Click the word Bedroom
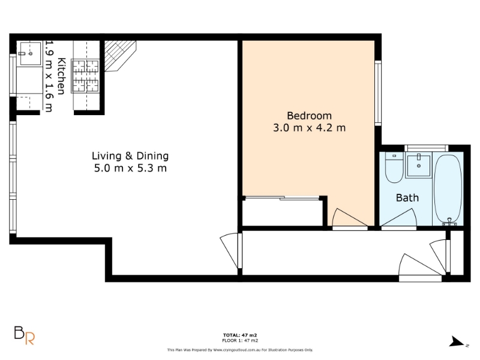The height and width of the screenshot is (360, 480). click(309, 116)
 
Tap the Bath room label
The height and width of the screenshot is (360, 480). click(407, 198)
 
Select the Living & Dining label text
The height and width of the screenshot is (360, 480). click(130, 156)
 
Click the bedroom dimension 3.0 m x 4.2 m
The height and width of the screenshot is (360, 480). click(309, 128)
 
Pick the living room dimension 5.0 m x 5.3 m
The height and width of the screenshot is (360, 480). click(130, 168)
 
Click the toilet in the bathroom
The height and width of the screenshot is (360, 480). click(394, 167)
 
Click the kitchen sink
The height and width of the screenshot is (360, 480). click(31, 54)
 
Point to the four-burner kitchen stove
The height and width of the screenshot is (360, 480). click(85, 76)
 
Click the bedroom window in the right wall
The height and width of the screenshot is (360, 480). click(378, 93)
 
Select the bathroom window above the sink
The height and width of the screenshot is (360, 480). click(426, 148)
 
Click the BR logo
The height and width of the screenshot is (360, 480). click(25, 335)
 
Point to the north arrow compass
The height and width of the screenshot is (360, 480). click(457, 341)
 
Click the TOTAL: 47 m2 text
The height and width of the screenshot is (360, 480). click(240, 335)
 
